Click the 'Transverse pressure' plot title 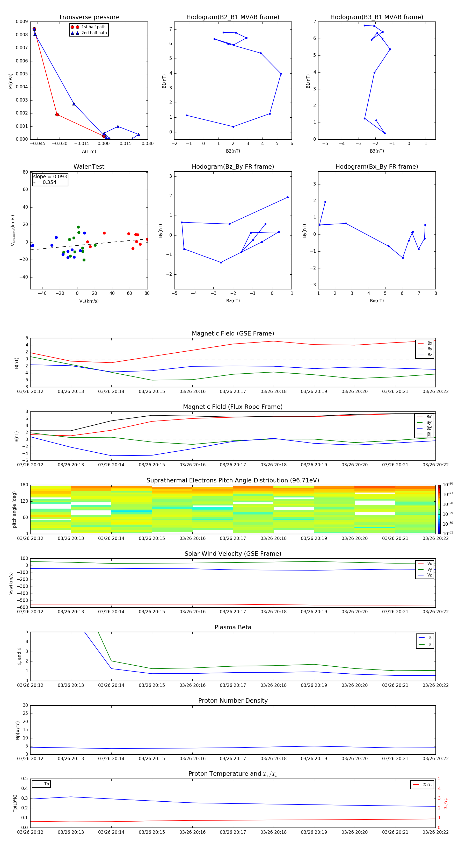[x=89, y=17]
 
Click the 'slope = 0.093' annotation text [x=50, y=177]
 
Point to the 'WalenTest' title [x=89, y=167]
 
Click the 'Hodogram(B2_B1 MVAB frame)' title [x=232, y=17]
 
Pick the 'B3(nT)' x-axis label [x=377, y=151]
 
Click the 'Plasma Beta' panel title [x=233, y=627]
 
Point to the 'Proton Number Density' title [x=233, y=701]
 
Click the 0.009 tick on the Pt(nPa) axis [x=22, y=22]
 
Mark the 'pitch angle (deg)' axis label [x=14, y=509]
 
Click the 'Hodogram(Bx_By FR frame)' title [x=376, y=167]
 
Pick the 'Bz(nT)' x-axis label [x=233, y=301]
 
